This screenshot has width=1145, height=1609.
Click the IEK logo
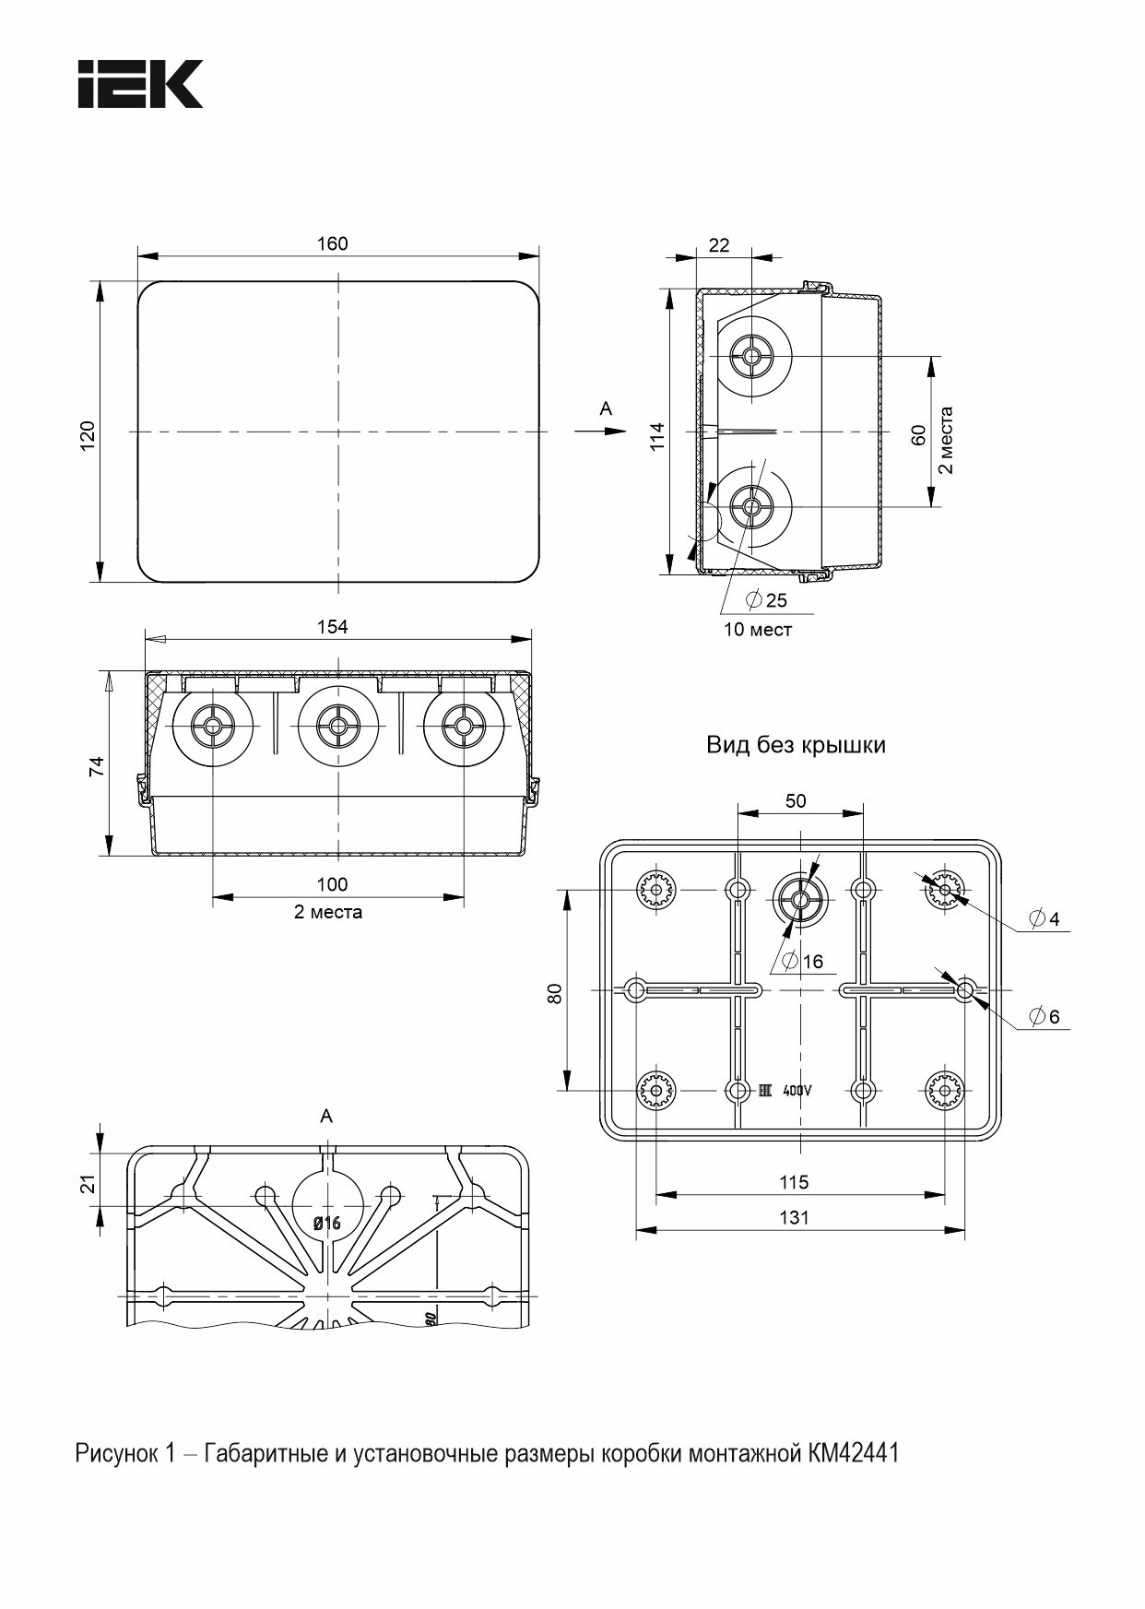(x=140, y=85)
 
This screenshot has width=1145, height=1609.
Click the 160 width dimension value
(x=333, y=243)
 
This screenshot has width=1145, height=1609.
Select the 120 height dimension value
(x=87, y=435)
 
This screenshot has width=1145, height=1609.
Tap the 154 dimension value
(x=333, y=627)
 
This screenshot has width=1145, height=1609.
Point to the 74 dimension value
(x=96, y=766)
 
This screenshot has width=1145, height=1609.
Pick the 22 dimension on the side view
(x=719, y=245)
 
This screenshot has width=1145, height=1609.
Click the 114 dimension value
(x=655, y=435)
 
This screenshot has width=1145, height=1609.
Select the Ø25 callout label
(x=767, y=600)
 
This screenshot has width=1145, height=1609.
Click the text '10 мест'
(x=758, y=630)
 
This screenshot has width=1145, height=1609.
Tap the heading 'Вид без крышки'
(x=796, y=745)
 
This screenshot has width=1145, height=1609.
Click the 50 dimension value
(x=796, y=801)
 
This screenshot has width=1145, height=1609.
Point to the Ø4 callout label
(x=1045, y=919)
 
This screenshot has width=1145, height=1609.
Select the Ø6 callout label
(x=1045, y=1017)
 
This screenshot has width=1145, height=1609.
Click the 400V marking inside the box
(x=797, y=1091)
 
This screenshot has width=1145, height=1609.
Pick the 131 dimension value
(x=794, y=1217)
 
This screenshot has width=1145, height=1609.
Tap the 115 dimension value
(x=794, y=1182)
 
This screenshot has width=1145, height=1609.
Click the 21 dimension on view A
(x=88, y=1184)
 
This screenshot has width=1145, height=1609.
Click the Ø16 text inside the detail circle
(x=327, y=1224)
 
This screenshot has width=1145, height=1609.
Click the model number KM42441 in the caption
(x=853, y=1454)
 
